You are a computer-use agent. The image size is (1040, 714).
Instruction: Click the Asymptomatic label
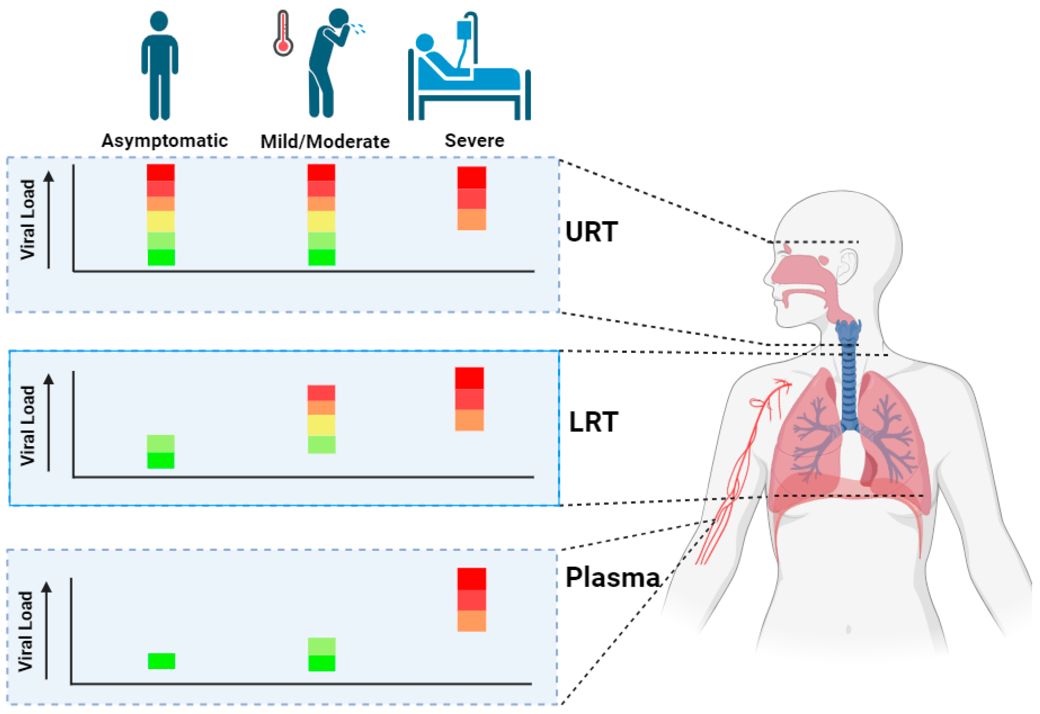coord(164,141)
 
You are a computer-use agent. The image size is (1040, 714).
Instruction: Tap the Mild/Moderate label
coord(325,142)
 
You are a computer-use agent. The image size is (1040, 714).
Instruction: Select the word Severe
coord(474,141)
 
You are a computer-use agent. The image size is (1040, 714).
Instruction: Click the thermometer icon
coord(283,34)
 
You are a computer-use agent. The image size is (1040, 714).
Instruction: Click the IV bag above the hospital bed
coord(463,30)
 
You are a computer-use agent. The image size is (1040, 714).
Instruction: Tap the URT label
coord(591,232)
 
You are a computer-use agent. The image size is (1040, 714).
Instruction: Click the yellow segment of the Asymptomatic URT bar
coord(161,222)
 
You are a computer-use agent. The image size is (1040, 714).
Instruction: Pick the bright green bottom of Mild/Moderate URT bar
coord(322,257)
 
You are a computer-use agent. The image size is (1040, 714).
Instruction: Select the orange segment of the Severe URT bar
coord(471,219)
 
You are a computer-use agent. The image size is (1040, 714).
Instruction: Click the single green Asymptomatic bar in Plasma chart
coord(161,661)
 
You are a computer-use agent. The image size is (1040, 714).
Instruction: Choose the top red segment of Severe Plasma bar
coord(471,579)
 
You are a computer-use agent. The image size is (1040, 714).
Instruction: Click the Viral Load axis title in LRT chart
coord(28,425)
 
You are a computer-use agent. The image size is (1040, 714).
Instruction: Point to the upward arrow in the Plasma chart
coord(47,631)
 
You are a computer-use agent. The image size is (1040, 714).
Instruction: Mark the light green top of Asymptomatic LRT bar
coord(161,444)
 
